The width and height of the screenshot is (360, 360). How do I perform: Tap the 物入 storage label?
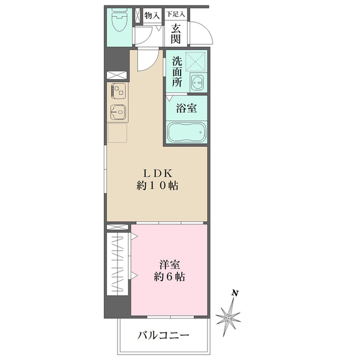point(152,15)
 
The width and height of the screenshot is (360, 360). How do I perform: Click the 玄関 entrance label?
point(175,34)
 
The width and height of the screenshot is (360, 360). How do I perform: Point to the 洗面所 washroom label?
point(176,72)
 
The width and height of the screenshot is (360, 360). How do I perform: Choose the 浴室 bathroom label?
point(186,109)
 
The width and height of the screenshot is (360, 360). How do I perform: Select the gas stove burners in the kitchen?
point(118,92)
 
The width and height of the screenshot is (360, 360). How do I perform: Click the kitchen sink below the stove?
point(118,112)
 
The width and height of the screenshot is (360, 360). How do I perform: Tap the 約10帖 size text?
point(158,186)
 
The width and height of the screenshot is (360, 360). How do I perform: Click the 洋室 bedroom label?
point(169,265)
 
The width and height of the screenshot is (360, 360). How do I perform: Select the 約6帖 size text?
point(169,277)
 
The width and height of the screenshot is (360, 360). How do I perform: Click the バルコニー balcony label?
point(163,335)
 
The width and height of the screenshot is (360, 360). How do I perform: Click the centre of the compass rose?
point(229,316)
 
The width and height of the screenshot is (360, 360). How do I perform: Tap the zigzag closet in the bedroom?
point(119,263)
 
